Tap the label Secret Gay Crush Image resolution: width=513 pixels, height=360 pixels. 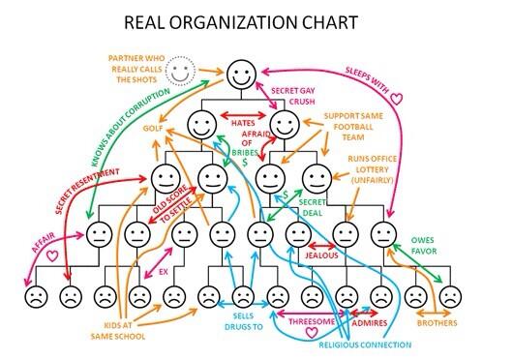pos(293,96)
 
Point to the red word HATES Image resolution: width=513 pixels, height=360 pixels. pos(242,123)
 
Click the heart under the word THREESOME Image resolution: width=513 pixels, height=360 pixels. pos(312,332)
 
